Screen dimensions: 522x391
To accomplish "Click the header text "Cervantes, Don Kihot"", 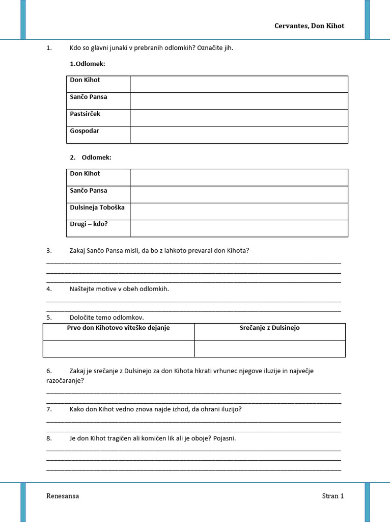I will click(x=310, y=26).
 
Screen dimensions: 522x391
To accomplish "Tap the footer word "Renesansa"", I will click(x=63, y=496).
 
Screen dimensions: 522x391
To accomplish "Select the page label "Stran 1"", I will click(x=333, y=496).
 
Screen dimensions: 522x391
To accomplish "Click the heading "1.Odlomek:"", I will click(x=88, y=64).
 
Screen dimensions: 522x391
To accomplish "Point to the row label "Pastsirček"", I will click(x=85, y=114).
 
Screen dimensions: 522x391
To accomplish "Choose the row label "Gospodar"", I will click(x=85, y=131).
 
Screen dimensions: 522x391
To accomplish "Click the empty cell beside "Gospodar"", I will click(x=239, y=135).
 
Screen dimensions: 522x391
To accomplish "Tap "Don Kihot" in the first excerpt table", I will click(x=85, y=80).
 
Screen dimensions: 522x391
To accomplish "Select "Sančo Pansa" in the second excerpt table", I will click(x=89, y=191).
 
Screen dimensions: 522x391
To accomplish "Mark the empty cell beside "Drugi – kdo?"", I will click(x=239, y=228).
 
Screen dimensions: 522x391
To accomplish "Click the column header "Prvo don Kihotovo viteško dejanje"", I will click(x=119, y=328).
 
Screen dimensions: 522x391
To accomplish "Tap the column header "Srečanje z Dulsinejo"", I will click(x=270, y=328).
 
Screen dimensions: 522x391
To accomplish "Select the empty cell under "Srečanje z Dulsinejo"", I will click(x=270, y=349).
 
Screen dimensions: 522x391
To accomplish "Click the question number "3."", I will click(x=49, y=250).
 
